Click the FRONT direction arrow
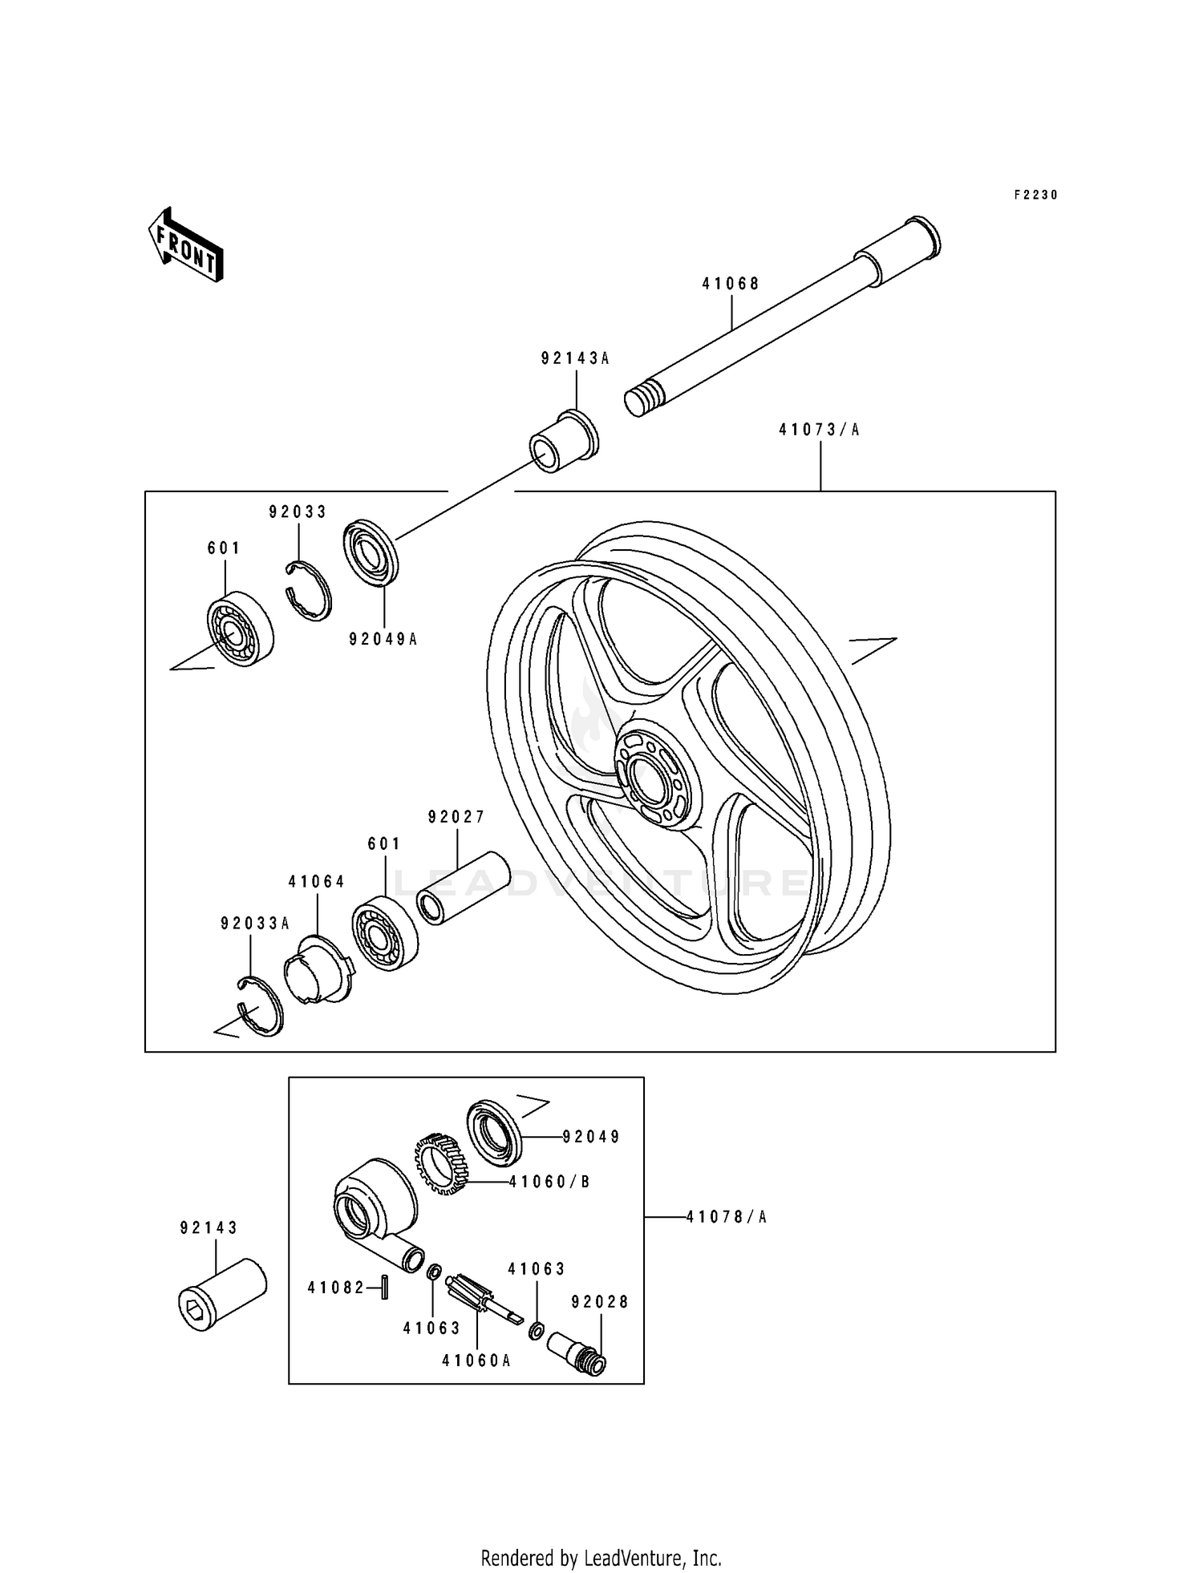185,245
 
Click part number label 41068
731,284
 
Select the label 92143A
575,359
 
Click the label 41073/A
819,431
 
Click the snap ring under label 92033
310,592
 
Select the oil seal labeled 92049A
371,552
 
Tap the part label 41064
317,882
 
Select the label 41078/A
726,1217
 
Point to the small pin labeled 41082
384,1288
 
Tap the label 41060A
476,1361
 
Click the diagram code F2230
1035,195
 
